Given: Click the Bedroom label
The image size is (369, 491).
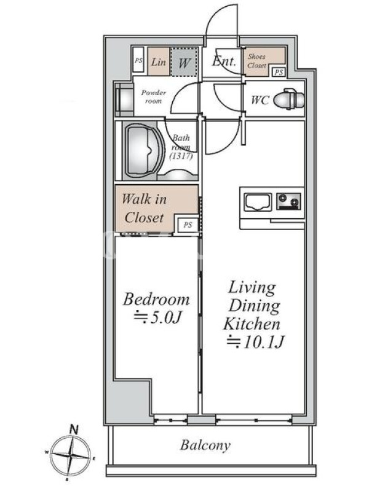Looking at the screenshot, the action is coord(156,300).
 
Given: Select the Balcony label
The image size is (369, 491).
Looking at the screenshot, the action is coord(205,445).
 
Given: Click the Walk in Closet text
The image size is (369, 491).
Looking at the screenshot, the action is coord(144,208).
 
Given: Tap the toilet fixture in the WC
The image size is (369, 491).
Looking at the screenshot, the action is coord(288,99).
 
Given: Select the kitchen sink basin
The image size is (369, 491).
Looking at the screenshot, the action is coord(258,203).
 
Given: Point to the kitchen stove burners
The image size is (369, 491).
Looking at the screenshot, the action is coord(288,201).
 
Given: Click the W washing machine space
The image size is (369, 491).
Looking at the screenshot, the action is coord(184,61).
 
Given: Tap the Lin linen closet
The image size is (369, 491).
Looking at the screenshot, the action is coord(159,61).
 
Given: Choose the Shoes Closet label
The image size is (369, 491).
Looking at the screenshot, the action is coord(257,61).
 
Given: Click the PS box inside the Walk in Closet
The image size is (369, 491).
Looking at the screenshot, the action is coord(188,225).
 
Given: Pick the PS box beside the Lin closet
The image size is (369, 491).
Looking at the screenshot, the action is coord(138,61).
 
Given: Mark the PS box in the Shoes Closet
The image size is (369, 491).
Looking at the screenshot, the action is coord(279,72).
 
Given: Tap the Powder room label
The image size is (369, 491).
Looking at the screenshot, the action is coord(153,97).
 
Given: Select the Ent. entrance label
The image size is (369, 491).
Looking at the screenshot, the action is coord(224,61).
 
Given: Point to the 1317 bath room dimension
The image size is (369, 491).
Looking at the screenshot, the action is coord(181,156).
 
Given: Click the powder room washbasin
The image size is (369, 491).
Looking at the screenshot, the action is coord(124,100).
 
